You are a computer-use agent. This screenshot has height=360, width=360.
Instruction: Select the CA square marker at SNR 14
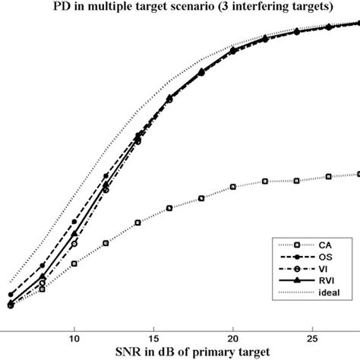(137, 223)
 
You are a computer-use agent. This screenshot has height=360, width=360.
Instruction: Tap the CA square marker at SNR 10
(74, 264)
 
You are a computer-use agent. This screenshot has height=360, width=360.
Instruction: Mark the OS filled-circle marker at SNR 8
(42, 266)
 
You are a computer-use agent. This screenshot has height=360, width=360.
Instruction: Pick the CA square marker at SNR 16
(169, 207)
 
